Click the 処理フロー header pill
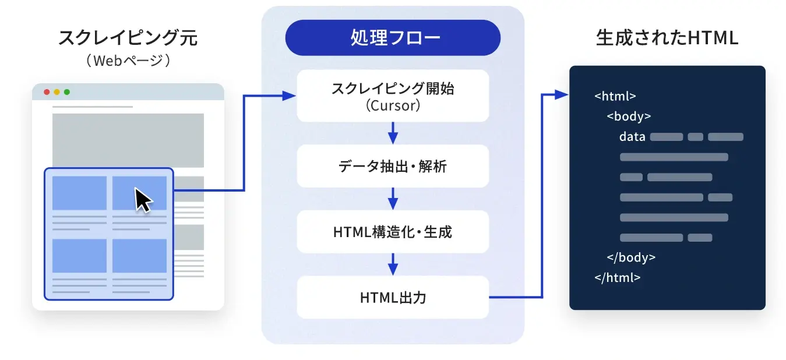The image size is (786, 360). (393, 38)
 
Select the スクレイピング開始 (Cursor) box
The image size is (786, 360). (393, 96)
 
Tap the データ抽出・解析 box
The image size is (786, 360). (393, 167)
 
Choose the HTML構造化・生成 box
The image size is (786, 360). (393, 232)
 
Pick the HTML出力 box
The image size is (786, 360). (393, 298)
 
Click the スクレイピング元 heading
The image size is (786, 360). (128, 38)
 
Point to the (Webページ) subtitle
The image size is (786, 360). (128, 61)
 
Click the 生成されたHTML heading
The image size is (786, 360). (667, 38)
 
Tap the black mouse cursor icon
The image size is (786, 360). (143, 200)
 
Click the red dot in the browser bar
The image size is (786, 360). (47, 92)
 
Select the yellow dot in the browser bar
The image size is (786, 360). (57, 92)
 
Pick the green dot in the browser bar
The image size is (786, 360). (66, 92)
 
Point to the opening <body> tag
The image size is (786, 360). (629, 117)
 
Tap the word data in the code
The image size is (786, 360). (632, 137)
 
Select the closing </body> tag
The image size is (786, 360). (631, 257)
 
